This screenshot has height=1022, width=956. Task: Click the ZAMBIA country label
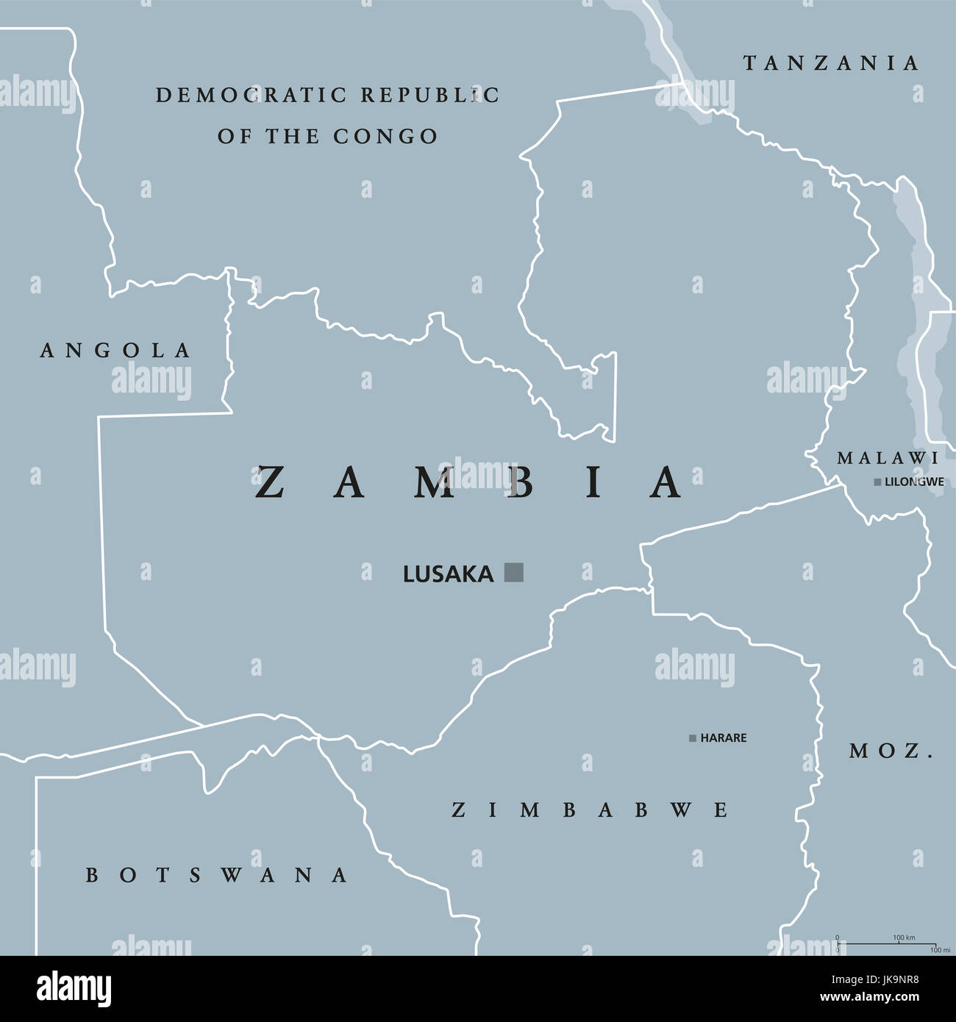pyautogui.click(x=469, y=483)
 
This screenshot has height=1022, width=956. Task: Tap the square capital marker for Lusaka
pyautogui.click(x=514, y=572)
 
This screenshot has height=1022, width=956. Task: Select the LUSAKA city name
pyautogui.click(x=448, y=574)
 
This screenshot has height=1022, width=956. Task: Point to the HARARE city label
pyautogui.click(x=723, y=738)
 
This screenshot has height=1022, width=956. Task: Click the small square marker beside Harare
pyautogui.click(x=692, y=738)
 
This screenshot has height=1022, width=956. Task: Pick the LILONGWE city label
pyautogui.click(x=914, y=482)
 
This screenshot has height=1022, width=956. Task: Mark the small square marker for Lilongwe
pyautogui.click(x=877, y=482)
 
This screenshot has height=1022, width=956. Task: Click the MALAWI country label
pyautogui.click(x=888, y=459)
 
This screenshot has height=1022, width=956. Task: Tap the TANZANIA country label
pyautogui.click(x=831, y=64)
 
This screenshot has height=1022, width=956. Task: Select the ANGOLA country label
pyautogui.click(x=115, y=351)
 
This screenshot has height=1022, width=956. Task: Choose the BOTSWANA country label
pyautogui.click(x=217, y=875)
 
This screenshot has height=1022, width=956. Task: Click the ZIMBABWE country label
pyautogui.click(x=590, y=810)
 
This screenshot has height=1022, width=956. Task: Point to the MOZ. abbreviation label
pyautogui.click(x=891, y=751)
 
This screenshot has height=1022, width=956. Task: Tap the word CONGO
pyautogui.click(x=385, y=137)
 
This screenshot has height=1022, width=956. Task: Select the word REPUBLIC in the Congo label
pyautogui.click(x=430, y=96)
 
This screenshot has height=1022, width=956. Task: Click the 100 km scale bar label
pyautogui.click(x=904, y=937)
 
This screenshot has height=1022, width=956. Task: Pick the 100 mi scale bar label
pyautogui.click(x=940, y=951)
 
